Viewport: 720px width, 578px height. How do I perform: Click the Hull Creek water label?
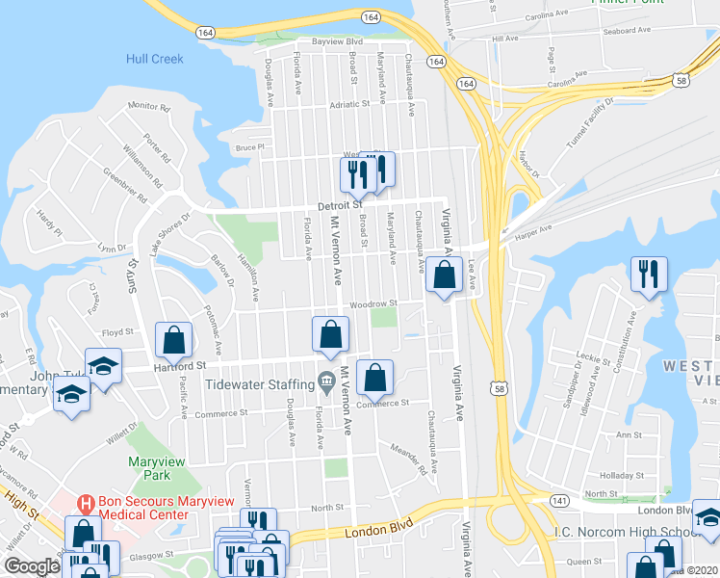(x=154, y=59)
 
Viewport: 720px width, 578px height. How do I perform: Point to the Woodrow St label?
(x=373, y=304)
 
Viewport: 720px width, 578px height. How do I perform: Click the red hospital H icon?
(x=86, y=502)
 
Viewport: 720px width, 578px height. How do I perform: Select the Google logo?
(x=32, y=566)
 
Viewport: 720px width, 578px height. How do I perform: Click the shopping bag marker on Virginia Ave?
(x=444, y=276)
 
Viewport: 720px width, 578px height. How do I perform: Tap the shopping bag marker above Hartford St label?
(x=173, y=340)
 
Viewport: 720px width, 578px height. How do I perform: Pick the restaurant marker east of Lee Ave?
(x=649, y=274)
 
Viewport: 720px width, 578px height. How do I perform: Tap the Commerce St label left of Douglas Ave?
(x=220, y=413)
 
